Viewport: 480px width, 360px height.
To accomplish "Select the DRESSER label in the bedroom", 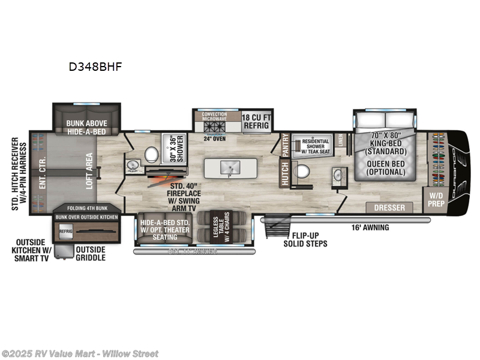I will click(390, 208).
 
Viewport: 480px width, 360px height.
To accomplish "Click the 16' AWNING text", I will click(371, 227).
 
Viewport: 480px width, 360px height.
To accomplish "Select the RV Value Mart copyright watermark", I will click(80, 353).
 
